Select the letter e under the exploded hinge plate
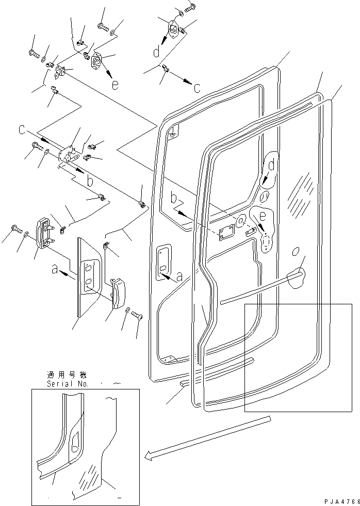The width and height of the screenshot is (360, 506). click(x=114, y=85)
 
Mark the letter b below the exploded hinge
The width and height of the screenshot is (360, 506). click(x=90, y=181)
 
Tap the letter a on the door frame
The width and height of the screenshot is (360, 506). click(x=179, y=277)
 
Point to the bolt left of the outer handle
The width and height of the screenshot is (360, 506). click(x=14, y=227)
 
